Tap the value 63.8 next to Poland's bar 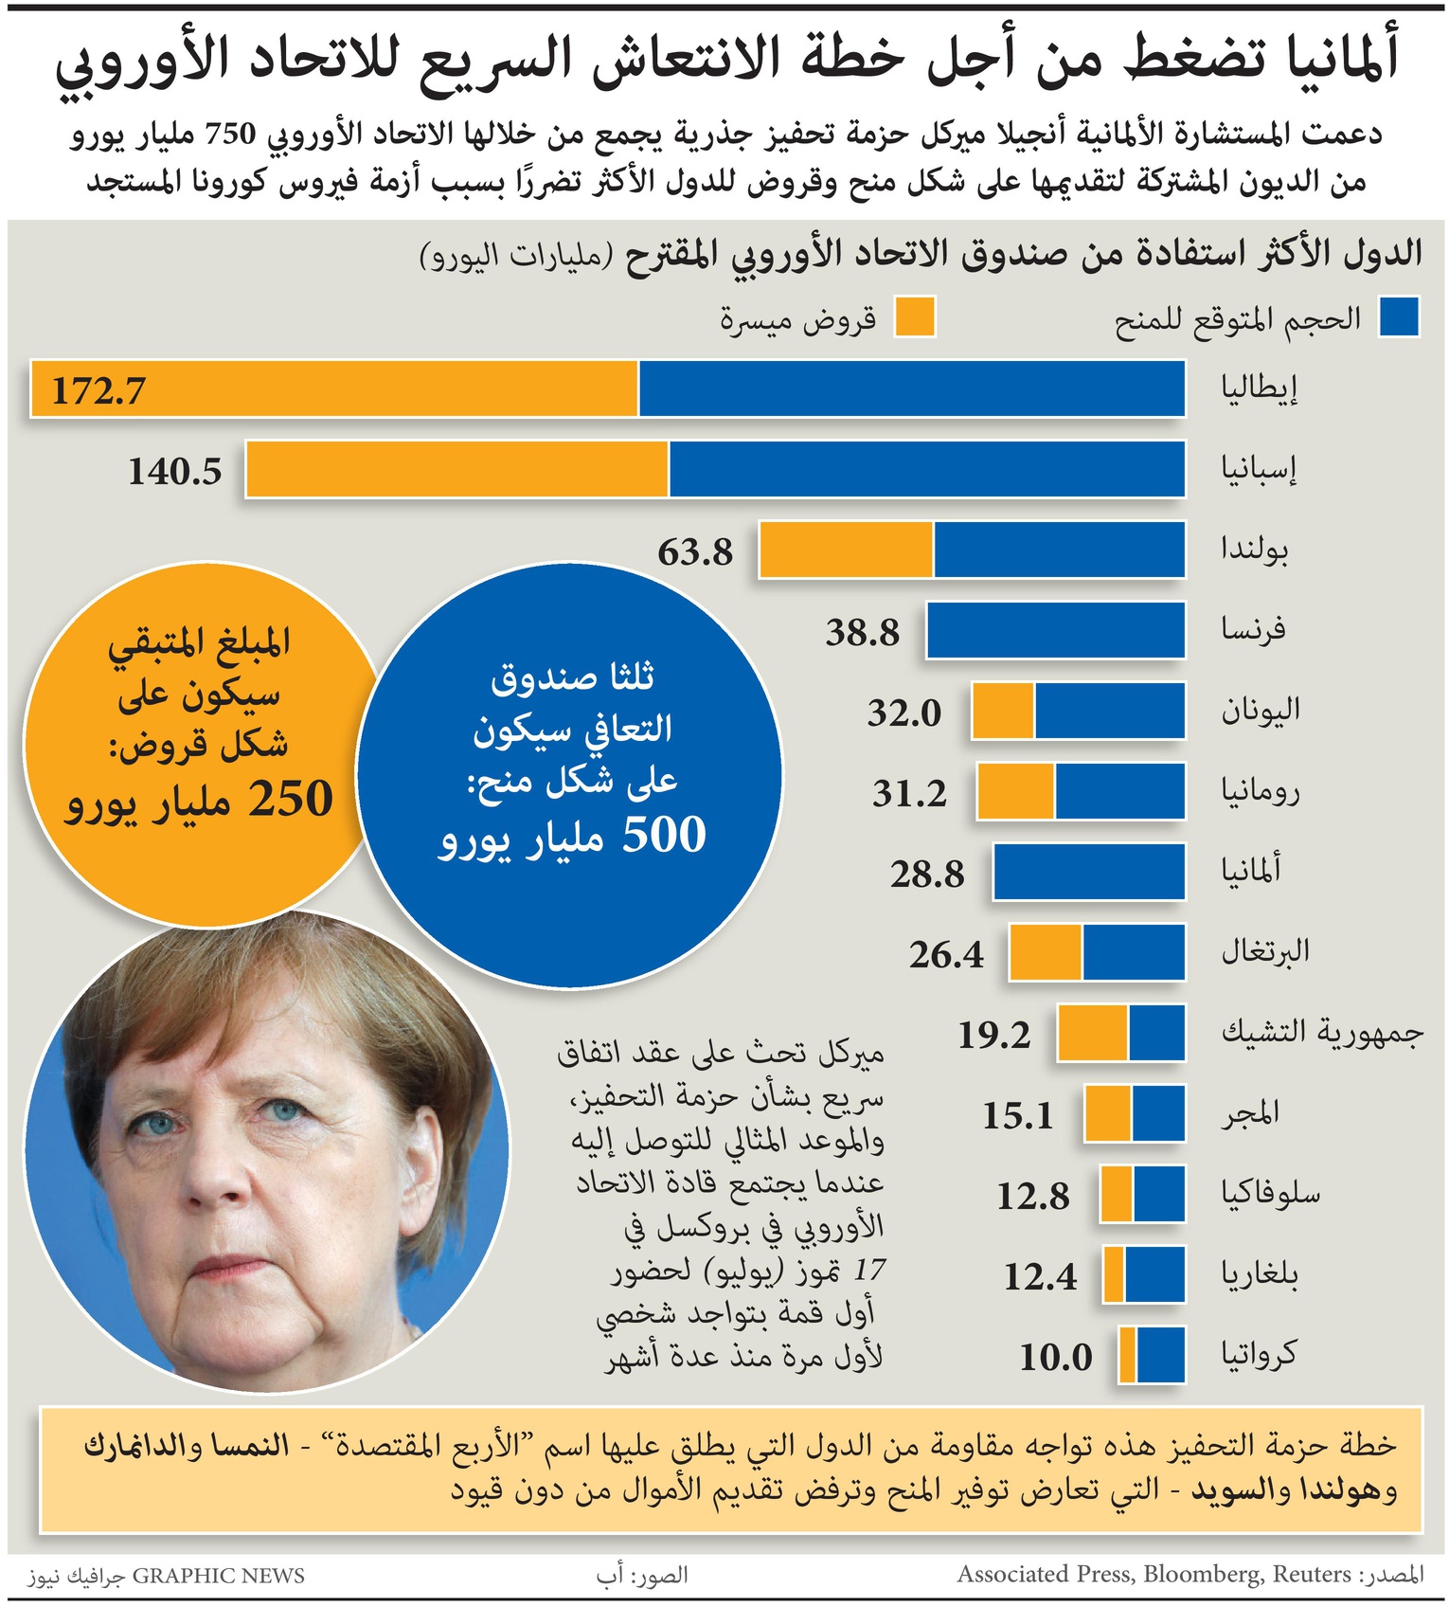(x=695, y=551)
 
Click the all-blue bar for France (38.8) (x=1055, y=630)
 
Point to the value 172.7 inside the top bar (x=98, y=390)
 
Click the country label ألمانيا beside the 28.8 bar (x=1250, y=870)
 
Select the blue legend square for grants (x=1398, y=316)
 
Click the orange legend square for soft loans (x=915, y=316)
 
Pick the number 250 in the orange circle (x=291, y=799)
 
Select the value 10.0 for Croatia (x=1055, y=1358)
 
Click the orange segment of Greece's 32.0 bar (x=1003, y=711)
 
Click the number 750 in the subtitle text (x=231, y=134)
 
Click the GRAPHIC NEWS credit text (x=218, y=1576)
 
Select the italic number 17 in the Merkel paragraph (x=869, y=1270)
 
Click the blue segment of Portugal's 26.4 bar (x=1133, y=952)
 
